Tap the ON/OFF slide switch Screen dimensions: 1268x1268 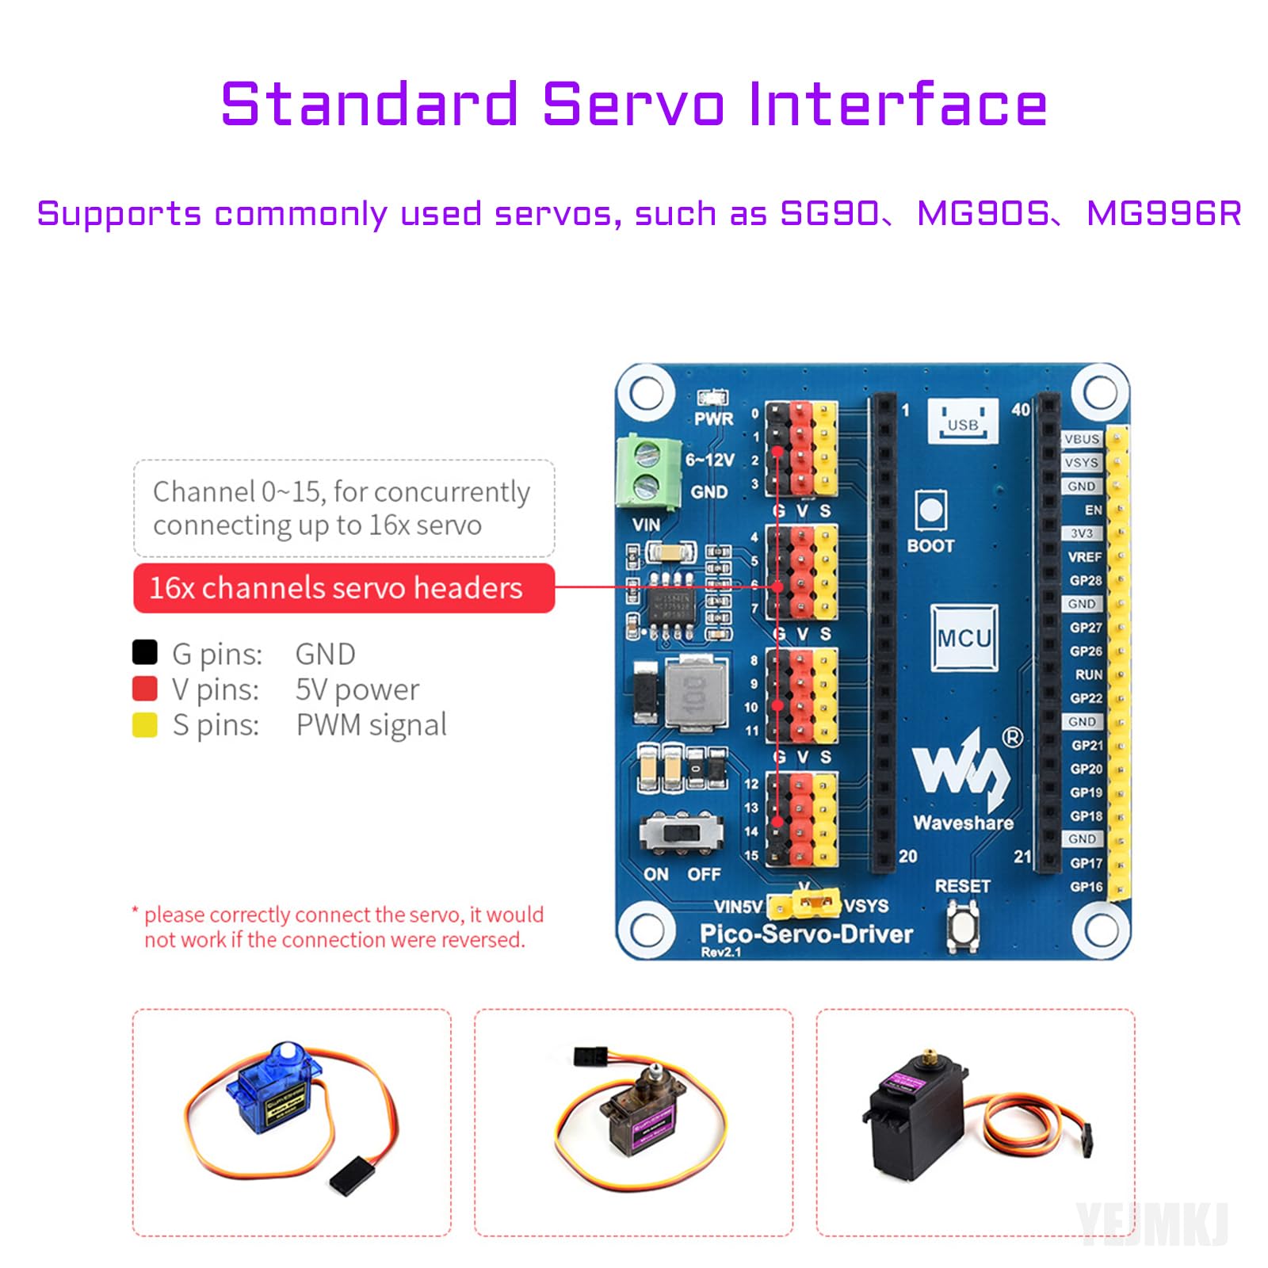tap(682, 834)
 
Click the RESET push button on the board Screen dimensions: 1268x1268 tap(962, 926)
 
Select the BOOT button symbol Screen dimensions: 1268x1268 tap(930, 510)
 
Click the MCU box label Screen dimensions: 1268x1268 tap(964, 638)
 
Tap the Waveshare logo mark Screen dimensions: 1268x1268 tap(961, 769)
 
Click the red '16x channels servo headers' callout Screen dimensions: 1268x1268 tap(343, 588)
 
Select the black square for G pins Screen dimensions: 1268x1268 tap(145, 652)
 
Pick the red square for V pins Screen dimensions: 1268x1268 tap(145, 688)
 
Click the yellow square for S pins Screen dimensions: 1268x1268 tap(145, 724)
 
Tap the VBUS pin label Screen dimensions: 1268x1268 tap(1082, 439)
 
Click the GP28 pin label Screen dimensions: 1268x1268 tap(1085, 580)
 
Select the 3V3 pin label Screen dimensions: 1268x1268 tap(1082, 533)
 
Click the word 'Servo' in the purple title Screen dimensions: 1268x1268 tap(633, 105)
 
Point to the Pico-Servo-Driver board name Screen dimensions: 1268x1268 tap(806, 934)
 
